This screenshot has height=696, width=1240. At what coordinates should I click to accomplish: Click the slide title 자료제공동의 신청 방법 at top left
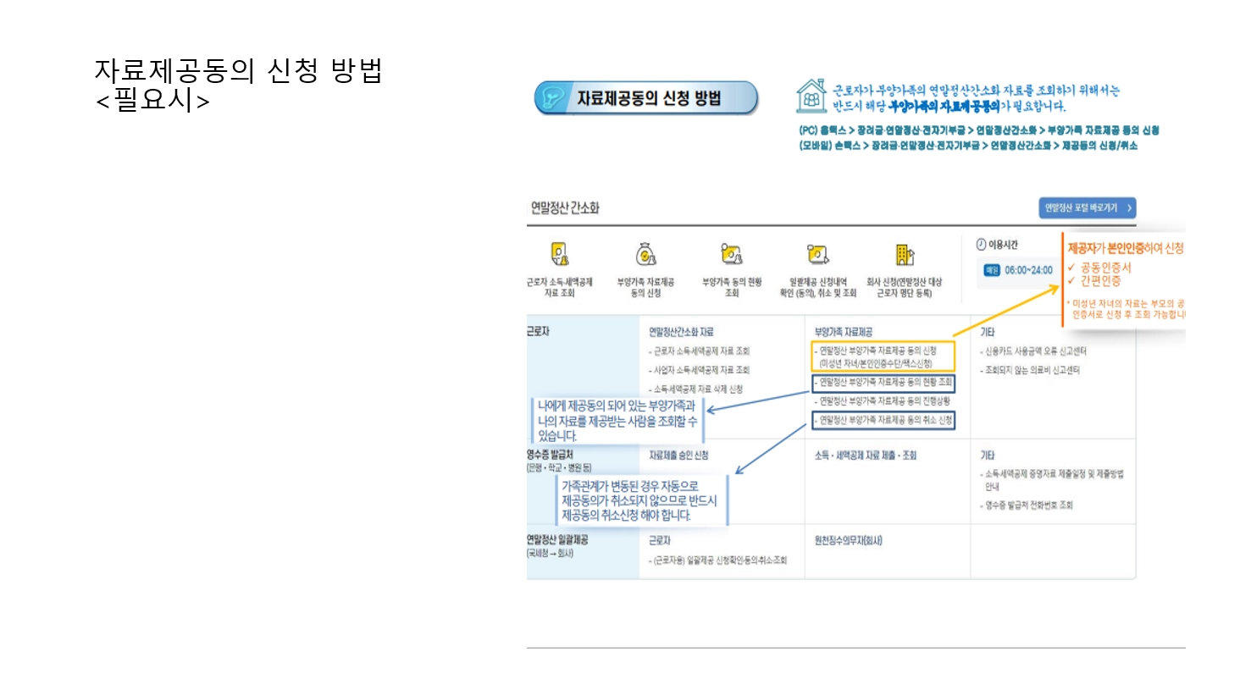coord(238,70)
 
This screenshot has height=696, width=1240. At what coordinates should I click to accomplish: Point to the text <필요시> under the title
coord(152,101)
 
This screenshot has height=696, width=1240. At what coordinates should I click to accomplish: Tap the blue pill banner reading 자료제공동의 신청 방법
coord(646,98)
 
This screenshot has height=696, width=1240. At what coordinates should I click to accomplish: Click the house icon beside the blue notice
coord(811,96)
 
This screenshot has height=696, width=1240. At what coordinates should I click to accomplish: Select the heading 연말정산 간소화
coord(565,207)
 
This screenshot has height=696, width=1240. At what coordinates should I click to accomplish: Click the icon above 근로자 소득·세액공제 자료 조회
coord(560,255)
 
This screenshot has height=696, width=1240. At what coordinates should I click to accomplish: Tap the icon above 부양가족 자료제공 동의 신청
coord(645,255)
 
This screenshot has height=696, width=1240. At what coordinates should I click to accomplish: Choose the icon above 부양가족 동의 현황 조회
coord(731,255)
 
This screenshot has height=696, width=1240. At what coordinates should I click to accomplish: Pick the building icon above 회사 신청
coord(904,255)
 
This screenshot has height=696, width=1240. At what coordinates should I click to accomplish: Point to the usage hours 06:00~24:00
coord(1027,270)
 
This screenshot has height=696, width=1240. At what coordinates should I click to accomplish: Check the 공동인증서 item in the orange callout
coord(1104,268)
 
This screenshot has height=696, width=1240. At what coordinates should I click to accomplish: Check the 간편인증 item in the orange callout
coord(1099,280)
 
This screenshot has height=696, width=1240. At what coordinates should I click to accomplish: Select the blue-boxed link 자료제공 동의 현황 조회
coord(883,383)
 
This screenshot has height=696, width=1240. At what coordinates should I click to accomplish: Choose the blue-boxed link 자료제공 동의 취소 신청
coord(883,420)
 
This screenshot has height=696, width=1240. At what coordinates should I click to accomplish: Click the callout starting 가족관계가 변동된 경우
coord(640,500)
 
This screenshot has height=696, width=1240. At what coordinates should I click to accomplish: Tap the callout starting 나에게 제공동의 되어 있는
coord(617,421)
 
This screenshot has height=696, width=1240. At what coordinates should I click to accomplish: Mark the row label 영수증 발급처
coord(550,456)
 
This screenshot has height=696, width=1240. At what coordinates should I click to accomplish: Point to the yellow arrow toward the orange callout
coord(1005,312)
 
